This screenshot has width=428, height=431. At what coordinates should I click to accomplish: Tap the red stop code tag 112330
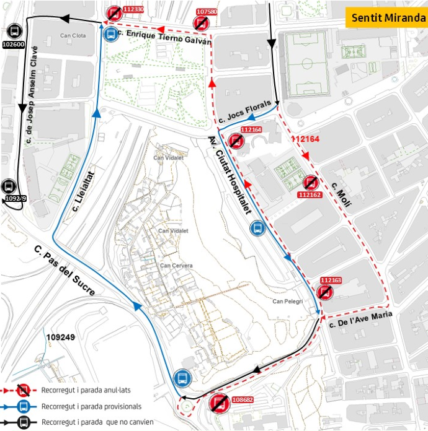[x=133, y=9]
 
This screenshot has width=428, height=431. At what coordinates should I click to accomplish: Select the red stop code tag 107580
[x=207, y=11]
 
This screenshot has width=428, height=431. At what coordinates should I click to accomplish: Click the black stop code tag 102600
[x=14, y=45]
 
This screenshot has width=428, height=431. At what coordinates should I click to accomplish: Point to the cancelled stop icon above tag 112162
[x=310, y=183]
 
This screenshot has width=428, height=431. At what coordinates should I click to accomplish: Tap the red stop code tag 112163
[x=331, y=281]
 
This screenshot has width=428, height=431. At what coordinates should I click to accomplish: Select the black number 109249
[x=60, y=337]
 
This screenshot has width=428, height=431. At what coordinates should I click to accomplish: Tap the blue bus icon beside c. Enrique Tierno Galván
[x=111, y=33]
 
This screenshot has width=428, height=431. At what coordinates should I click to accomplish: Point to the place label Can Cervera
[x=176, y=266]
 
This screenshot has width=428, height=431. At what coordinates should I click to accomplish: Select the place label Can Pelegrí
[x=287, y=302]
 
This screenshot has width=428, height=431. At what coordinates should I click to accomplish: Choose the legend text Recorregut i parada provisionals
[x=91, y=406]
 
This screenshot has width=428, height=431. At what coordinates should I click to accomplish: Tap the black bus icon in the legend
[x=23, y=422]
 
